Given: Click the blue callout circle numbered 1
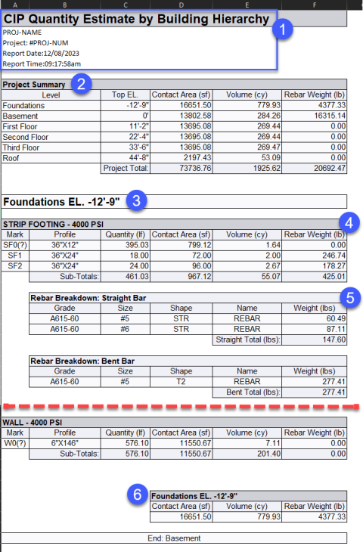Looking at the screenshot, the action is [283, 31].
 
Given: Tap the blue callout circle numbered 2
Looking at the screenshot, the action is [84, 84].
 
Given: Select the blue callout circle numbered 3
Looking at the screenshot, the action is [137, 201].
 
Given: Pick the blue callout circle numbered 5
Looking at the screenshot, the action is [348, 297].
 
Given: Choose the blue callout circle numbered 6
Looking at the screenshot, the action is [137, 495].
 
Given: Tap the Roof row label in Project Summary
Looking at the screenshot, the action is [12, 157].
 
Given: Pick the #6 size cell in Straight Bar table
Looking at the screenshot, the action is [126, 329].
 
